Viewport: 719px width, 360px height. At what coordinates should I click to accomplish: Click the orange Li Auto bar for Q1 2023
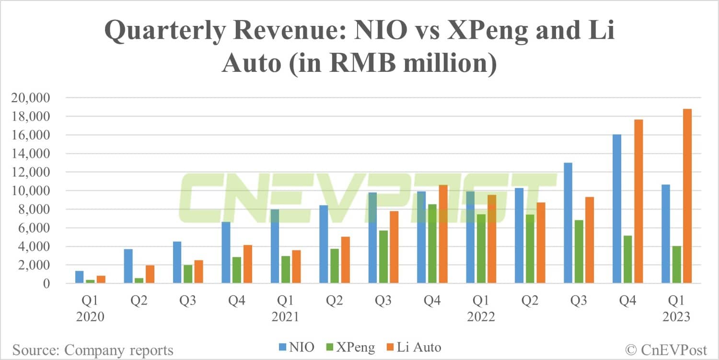point(687,197)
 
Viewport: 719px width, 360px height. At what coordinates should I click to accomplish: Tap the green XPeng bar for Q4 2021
point(432,244)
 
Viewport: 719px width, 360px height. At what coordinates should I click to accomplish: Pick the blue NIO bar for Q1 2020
point(80,278)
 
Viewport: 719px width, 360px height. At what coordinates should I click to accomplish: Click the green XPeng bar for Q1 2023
point(676,265)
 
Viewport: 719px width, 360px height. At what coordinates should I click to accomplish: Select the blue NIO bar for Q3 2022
point(568,223)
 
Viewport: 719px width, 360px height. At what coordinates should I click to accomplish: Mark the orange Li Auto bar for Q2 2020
point(150,275)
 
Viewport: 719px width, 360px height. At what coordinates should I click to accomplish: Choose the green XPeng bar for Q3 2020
point(187,274)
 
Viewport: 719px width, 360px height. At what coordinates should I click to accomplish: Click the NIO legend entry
point(296,347)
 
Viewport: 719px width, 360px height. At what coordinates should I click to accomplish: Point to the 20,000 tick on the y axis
point(33,98)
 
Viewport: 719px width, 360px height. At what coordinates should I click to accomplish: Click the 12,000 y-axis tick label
point(33,173)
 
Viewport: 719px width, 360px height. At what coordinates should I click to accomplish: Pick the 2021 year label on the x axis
point(286,317)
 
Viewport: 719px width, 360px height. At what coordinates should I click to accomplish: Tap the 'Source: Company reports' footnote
point(93,349)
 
